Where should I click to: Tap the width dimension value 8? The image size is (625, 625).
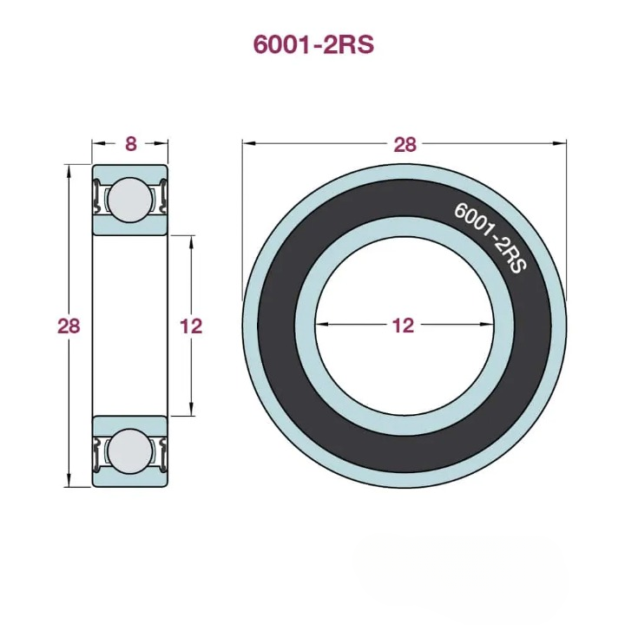(x=130, y=144)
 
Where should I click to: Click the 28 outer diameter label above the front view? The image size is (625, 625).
(x=405, y=144)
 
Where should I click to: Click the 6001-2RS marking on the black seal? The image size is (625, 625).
(x=490, y=237)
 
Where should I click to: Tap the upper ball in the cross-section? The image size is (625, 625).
(x=129, y=199)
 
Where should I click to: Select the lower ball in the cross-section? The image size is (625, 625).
(x=129, y=451)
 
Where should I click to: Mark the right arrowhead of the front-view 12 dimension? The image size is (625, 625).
(x=487, y=326)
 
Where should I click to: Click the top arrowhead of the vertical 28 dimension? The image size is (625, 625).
(x=69, y=169)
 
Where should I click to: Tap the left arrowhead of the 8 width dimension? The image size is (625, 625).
(x=96, y=144)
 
